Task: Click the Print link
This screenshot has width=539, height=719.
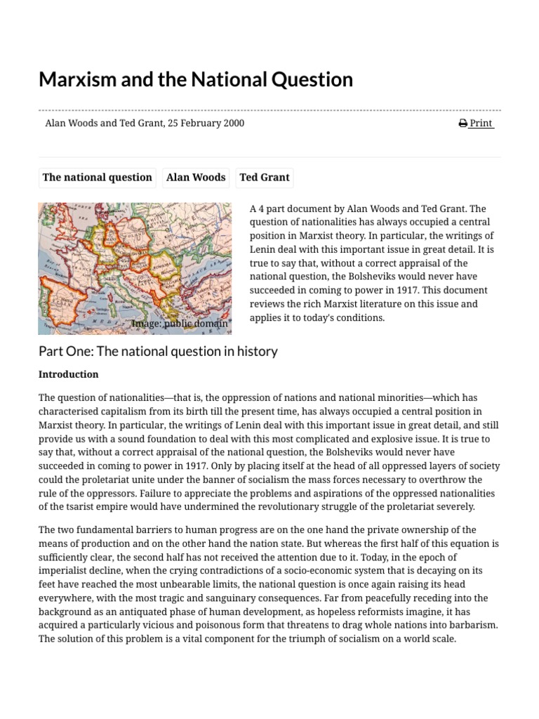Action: coord(481,123)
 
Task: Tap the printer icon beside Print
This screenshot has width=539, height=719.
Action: coord(463,123)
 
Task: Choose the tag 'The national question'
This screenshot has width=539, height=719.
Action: coord(97,178)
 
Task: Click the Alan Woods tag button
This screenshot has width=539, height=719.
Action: coord(196,178)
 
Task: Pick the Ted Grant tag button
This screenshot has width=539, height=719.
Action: coord(264,178)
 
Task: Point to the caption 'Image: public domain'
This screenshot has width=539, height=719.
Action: coord(179,324)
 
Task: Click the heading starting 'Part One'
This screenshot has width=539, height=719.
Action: coord(158,351)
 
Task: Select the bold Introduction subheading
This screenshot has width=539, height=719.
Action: coord(68,374)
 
